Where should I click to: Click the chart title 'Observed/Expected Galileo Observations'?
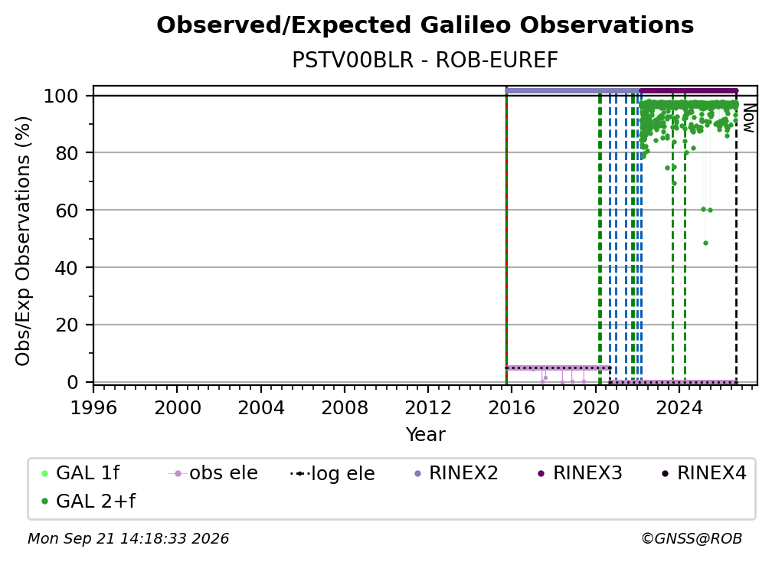tap(425, 25)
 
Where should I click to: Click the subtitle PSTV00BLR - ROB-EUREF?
tap(425, 60)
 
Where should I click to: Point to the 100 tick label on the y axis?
tap(61, 96)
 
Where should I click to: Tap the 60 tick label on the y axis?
tap(67, 210)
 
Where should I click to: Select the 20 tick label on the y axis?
tap(67, 325)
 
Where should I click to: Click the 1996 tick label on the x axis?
tap(93, 407)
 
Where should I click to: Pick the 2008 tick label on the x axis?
tap(344, 407)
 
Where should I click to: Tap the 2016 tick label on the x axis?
tap(512, 407)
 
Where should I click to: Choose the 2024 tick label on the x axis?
tap(679, 407)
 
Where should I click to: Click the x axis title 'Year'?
tap(425, 435)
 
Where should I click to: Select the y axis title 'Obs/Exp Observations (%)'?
tap(23, 241)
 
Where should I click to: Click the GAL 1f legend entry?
tap(80, 473)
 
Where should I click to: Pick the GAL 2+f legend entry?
tap(89, 502)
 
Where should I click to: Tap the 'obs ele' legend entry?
tap(213, 473)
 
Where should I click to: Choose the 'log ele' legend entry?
tap(333, 474)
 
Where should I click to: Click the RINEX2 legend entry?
tap(456, 473)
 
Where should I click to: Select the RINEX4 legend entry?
tap(705, 473)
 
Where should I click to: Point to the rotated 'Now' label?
tap(748, 118)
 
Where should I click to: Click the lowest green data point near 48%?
tap(705, 243)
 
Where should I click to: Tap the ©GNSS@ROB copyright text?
tap(692, 538)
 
